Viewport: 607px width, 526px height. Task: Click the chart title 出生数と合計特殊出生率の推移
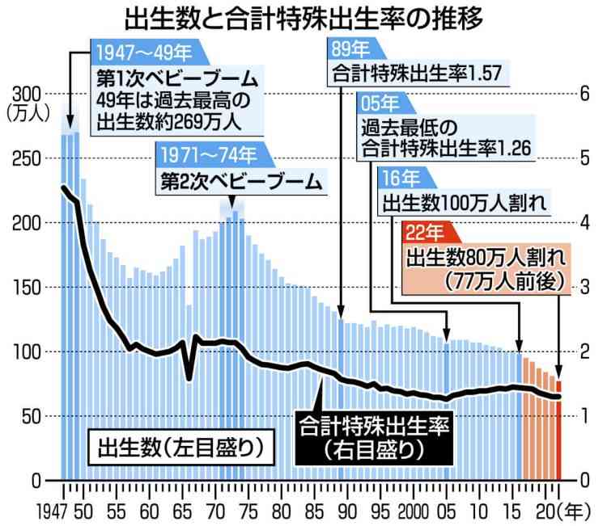pos(303,18)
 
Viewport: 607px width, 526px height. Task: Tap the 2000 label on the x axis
pos(414,511)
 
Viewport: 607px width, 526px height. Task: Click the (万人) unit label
pos(28,112)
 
